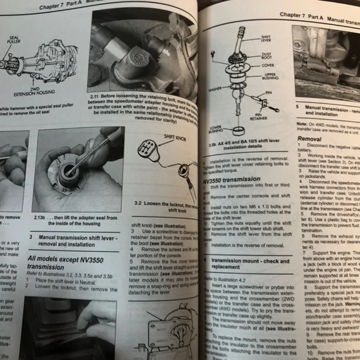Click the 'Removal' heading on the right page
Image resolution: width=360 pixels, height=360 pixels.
coord(309,140)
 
